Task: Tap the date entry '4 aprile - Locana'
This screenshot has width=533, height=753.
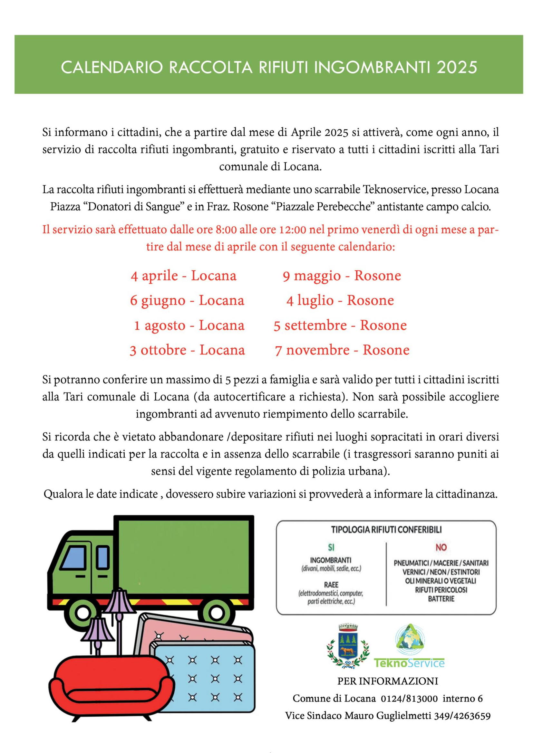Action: [x=183, y=276]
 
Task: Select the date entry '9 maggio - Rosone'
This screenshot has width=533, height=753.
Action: [x=342, y=276]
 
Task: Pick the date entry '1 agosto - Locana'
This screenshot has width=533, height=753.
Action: [x=189, y=326]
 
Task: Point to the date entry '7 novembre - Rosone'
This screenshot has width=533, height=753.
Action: [x=342, y=350]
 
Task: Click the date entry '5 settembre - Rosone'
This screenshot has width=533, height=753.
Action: [x=340, y=326]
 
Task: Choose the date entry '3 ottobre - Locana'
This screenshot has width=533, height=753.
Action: [x=188, y=350]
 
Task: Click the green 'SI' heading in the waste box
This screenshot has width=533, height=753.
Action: [x=331, y=547]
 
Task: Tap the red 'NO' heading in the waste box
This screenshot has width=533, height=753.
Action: [x=441, y=547]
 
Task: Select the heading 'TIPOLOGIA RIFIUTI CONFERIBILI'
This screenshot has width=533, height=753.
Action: [x=386, y=530]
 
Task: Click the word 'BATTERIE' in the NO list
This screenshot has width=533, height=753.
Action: [x=441, y=599]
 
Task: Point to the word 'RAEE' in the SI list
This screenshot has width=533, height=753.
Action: [x=331, y=585]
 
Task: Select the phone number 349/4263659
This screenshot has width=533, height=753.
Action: [x=462, y=716]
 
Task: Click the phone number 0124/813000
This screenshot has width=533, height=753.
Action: [x=409, y=699]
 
